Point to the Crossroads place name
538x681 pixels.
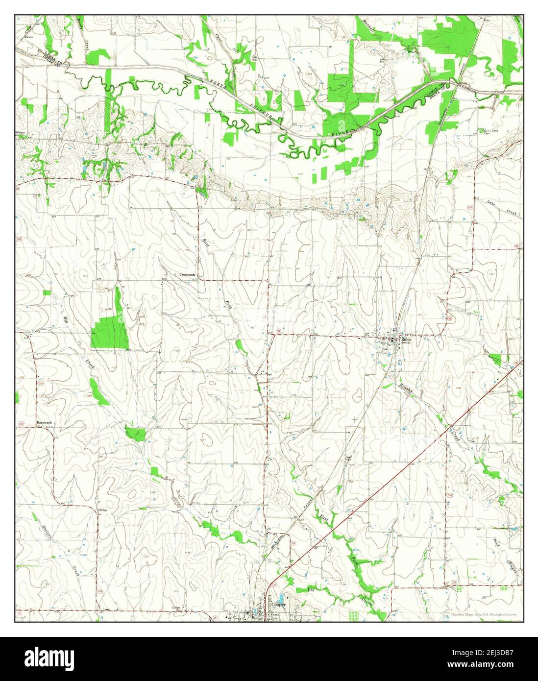pyautogui.click(x=187, y=275)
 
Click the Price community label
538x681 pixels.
pyautogui.click(x=103, y=510)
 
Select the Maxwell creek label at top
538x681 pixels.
pyautogui.click(x=368, y=26)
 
